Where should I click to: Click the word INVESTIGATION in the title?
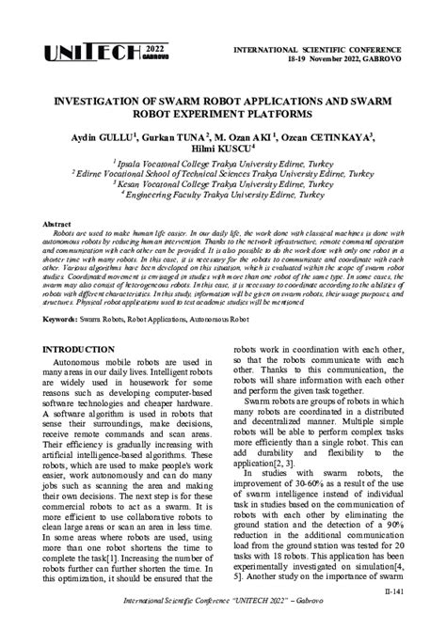pyautogui.click(x=103, y=98)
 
